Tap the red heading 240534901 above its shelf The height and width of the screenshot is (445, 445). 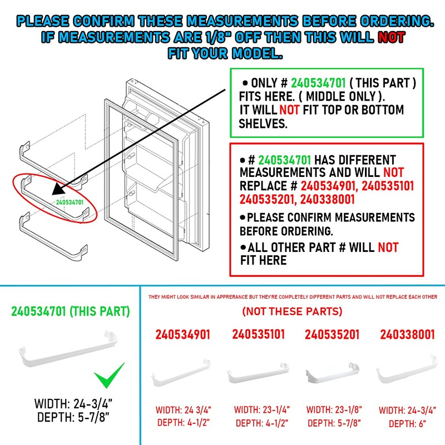[182, 335]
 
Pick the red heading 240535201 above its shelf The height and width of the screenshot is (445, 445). [332, 335]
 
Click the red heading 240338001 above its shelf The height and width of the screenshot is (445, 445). [407, 335]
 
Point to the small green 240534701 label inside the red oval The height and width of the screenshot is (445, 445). [70, 202]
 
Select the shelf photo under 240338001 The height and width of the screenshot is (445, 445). [407, 375]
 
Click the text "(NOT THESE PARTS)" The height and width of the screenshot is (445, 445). [292, 311]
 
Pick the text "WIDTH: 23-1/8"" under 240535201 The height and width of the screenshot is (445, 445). [334, 410]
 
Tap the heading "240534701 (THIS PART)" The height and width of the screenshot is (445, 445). [71, 311]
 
